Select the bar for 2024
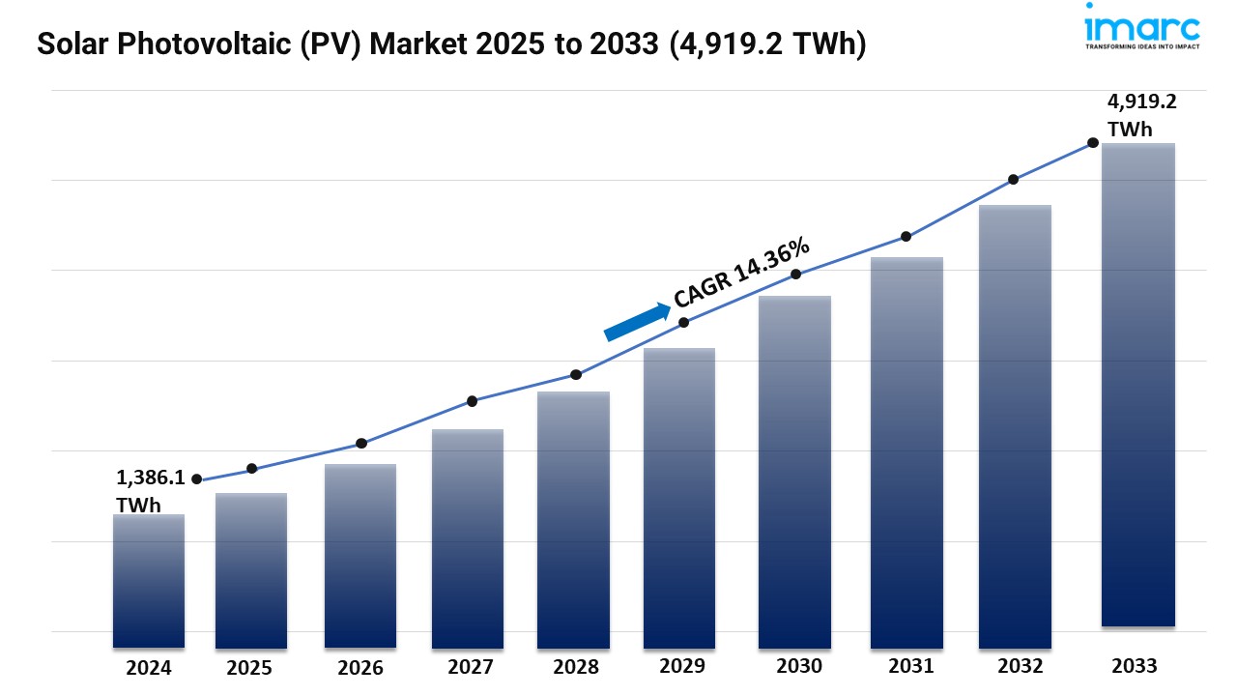pos(148,580)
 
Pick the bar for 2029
pos(678,498)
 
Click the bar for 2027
pos(468,538)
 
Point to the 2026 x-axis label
pos(360,668)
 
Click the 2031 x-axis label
pos(911,666)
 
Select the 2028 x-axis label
pos(575,667)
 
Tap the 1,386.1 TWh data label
pos(149,491)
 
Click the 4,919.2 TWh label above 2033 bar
pos(1141,116)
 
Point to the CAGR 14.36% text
pos(741,274)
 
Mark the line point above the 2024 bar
pos(197,479)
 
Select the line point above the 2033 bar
pos(1093,142)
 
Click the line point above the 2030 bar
pos(796,275)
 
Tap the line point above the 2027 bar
pos(472,401)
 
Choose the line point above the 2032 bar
pos(1013,180)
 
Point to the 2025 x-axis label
pos(249,668)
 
